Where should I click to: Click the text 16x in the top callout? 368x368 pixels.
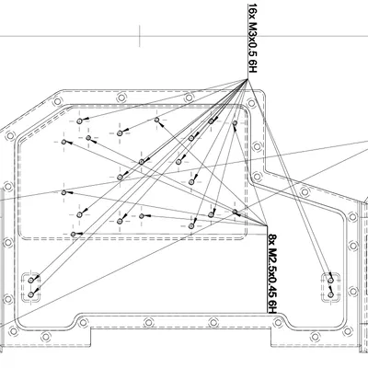coord(252,11)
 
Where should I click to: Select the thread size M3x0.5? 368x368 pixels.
coord(252,40)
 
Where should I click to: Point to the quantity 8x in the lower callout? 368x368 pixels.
coord(272,239)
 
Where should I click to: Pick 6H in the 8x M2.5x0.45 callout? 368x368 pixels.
coord(272,306)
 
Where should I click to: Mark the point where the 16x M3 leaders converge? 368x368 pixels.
coord(247,79)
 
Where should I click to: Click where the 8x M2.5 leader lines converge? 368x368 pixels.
coord(268,225)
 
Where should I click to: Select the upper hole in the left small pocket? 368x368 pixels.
coord(30,281)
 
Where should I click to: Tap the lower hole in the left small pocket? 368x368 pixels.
coord(31,294)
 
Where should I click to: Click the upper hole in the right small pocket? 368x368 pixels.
coord(330,281)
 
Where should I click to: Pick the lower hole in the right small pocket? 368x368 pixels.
coord(330,294)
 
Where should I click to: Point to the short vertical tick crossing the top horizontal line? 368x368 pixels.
coord(140,36)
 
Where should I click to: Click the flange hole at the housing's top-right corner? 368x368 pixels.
coord(251,103)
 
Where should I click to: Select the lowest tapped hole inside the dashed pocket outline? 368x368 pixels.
coord(73,234)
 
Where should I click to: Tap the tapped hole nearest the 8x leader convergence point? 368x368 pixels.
coord(235,212)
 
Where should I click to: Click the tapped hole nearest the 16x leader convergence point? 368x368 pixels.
coord(235,123)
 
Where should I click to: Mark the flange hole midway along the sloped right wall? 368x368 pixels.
coord(305,192)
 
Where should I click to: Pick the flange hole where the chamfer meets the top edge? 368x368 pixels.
coord(57,101)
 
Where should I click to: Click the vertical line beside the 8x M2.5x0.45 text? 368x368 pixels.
coord(268,270)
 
